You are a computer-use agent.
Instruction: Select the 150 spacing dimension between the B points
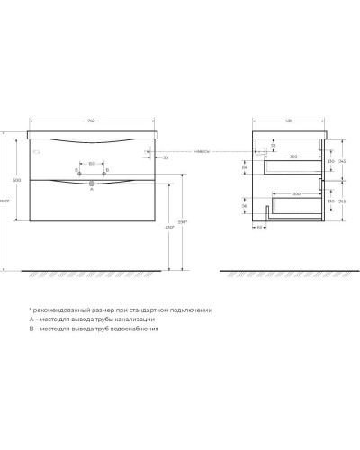pyautogui.click(x=92, y=163)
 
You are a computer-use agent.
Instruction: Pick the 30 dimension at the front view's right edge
pyautogui.click(x=165, y=157)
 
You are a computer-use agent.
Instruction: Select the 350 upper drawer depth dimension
pyautogui.click(x=293, y=157)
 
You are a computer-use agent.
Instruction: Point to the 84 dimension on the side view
pyautogui.click(x=245, y=166)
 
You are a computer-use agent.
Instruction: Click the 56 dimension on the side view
pyautogui.click(x=245, y=206)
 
